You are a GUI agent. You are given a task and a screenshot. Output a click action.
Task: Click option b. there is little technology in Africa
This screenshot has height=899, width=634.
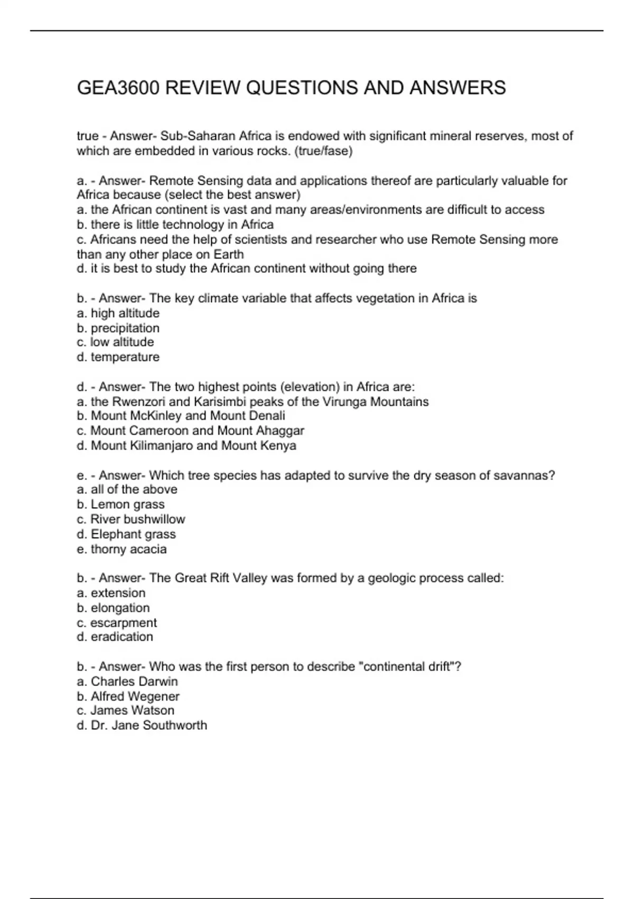[175, 225]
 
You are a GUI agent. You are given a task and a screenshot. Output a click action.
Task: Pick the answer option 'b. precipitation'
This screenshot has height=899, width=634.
[118, 328]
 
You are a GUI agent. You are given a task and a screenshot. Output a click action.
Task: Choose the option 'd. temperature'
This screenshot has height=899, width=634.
[118, 357]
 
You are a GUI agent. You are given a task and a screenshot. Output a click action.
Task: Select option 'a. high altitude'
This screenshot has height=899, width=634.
[118, 313]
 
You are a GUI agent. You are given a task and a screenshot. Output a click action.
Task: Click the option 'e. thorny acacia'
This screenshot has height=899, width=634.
[122, 549]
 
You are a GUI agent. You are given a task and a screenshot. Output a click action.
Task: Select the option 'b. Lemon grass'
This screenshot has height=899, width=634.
[120, 504]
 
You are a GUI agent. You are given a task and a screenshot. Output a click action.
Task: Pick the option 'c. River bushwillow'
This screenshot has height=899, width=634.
[130, 519]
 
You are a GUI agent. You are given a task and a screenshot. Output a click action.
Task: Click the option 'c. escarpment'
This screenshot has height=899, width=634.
[117, 623]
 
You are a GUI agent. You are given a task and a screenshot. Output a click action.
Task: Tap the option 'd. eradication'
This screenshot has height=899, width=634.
[115, 637]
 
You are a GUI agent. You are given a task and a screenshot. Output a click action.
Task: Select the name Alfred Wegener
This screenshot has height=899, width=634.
[135, 696]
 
